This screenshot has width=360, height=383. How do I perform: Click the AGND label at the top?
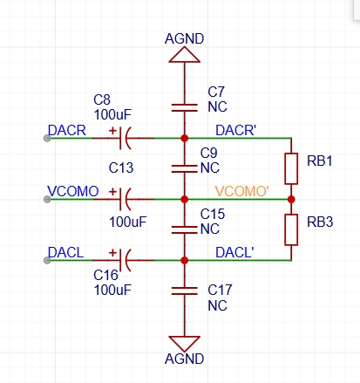(x=184, y=38)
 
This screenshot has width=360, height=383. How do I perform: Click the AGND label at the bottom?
(x=184, y=359)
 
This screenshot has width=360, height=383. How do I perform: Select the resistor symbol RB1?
(x=291, y=168)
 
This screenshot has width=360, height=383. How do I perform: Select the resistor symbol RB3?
(x=291, y=229)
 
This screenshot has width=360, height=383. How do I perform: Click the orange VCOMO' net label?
(x=241, y=191)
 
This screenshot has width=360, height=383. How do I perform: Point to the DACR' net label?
(x=235, y=130)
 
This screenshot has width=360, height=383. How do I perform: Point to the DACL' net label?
(x=234, y=252)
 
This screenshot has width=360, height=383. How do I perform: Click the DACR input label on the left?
(x=67, y=130)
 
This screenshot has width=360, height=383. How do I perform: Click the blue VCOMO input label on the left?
(x=73, y=191)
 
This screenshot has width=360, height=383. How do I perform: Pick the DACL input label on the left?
(x=65, y=252)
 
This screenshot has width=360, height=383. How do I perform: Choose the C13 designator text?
(x=121, y=168)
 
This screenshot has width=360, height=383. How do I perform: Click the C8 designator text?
(x=102, y=100)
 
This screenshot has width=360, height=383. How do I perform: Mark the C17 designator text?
(x=220, y=290)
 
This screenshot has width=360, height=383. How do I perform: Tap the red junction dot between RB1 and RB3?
(x=291, y=199)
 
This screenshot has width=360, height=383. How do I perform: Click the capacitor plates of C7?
(x=184, y=107)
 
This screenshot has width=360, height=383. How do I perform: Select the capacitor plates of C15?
(x=184, y=229)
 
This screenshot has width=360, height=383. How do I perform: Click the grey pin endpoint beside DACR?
(x=47, y=138)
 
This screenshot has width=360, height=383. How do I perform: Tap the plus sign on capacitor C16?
(x=112, y=252)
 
